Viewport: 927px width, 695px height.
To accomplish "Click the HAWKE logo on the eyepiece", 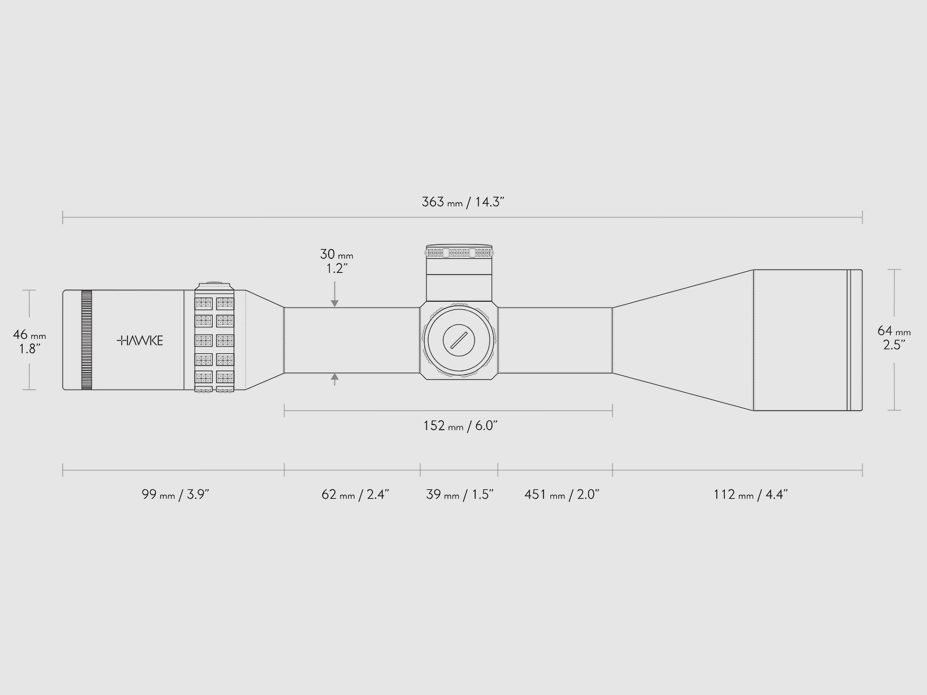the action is [x=140, y=341].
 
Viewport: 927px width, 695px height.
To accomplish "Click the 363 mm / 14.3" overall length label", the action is [x=463, y=202].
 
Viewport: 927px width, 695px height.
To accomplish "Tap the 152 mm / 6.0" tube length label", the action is [x=461, y=426].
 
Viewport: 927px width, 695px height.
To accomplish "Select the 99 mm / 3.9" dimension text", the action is [x=176, y=494].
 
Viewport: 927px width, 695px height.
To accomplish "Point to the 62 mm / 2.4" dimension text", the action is [x=355, y=494].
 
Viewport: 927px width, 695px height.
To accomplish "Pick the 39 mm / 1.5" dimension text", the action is [x=459, y=494].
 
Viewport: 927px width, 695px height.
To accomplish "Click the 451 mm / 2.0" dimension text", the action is [x=561, y=494].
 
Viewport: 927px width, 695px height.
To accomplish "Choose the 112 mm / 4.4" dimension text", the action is [x=750, y=494].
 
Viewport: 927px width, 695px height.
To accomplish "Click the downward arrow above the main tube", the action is [x=334, y=294].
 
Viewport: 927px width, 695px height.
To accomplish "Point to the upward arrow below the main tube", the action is [x=334, y=379].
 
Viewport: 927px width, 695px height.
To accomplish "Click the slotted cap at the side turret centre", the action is [x=459, y=340].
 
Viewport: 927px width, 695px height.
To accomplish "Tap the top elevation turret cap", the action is [x=459, y=251].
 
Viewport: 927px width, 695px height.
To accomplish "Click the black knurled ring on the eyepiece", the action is [x=86, y=340].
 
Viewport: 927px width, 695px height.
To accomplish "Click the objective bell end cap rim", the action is [x=855, y=340].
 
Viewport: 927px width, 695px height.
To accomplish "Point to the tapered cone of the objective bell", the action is [x=683, y=340].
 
